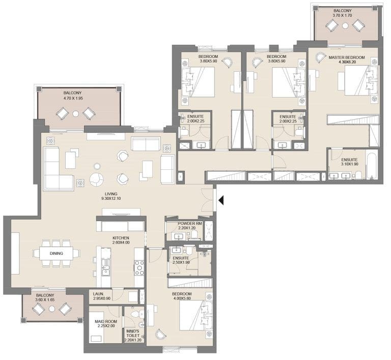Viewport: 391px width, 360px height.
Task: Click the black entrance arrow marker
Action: click(x=221, y=201)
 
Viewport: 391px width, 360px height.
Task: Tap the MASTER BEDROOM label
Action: click(x=346, y=58)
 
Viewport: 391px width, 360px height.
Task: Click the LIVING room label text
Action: click(x=111, y=194)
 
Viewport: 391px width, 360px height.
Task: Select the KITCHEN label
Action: click(x=121, y=237)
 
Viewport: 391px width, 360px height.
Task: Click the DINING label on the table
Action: click(x=56, y=252)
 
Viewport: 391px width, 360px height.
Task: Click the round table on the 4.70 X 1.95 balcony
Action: click(x=75, y=113)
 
